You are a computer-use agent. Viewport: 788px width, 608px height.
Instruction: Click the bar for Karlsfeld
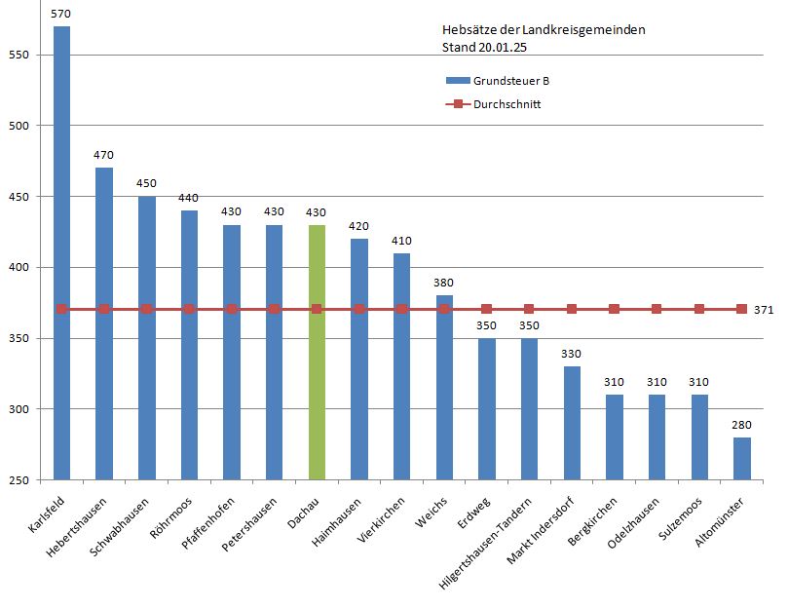pyautogui.click(x=61, y=253)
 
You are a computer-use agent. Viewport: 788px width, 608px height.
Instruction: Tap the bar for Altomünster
pyautogui.click(x=742, y=459)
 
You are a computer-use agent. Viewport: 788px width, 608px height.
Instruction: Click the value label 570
pyautogui.click(x=61, y=14)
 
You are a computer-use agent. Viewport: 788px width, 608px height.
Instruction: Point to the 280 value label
pyautogui.click(x=742, y=425)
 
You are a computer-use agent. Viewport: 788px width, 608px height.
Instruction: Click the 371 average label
pyautogui.click(x=764, y=310)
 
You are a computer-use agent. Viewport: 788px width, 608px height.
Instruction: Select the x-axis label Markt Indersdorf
pyautogui.click(x=541, y=531)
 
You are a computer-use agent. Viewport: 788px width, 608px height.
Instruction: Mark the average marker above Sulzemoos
pyautogui.click(x=699, y=309)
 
